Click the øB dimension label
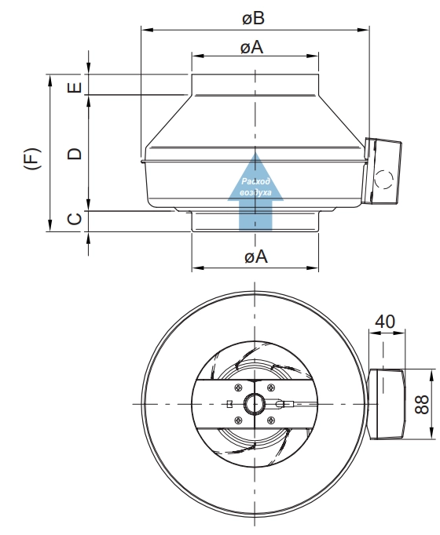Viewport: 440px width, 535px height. [x=254, y=18]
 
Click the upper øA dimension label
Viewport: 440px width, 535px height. [x=251, y=47]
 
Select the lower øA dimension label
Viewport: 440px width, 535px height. [x=256, y=257]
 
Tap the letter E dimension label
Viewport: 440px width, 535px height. [x=75, y=87]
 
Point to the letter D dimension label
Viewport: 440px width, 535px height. [x=75, y=154]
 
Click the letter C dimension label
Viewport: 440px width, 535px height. [x=75, y=219]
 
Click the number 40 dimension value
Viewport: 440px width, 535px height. [x=385, y=322]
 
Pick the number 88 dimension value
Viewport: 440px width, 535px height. [x=422, y=404]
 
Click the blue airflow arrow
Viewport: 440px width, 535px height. [x=255, y=193]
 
